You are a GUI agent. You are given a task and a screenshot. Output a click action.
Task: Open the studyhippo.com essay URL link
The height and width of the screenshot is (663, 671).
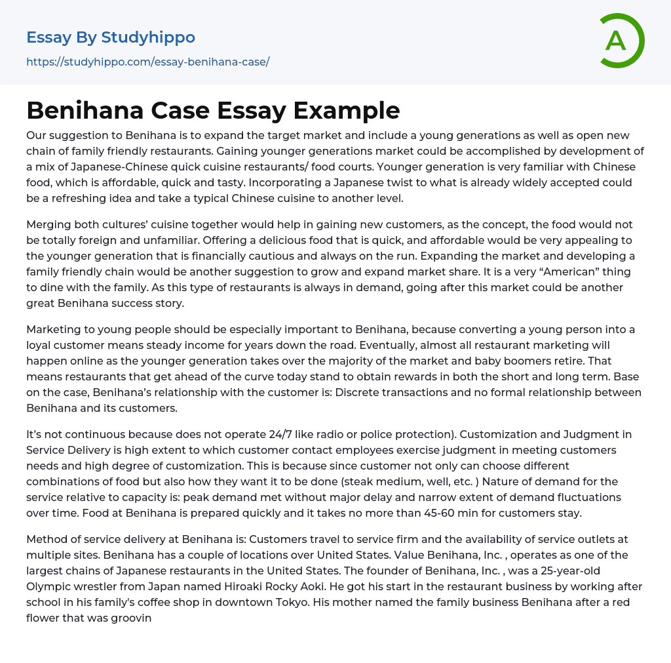click(x=147, y=62)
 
